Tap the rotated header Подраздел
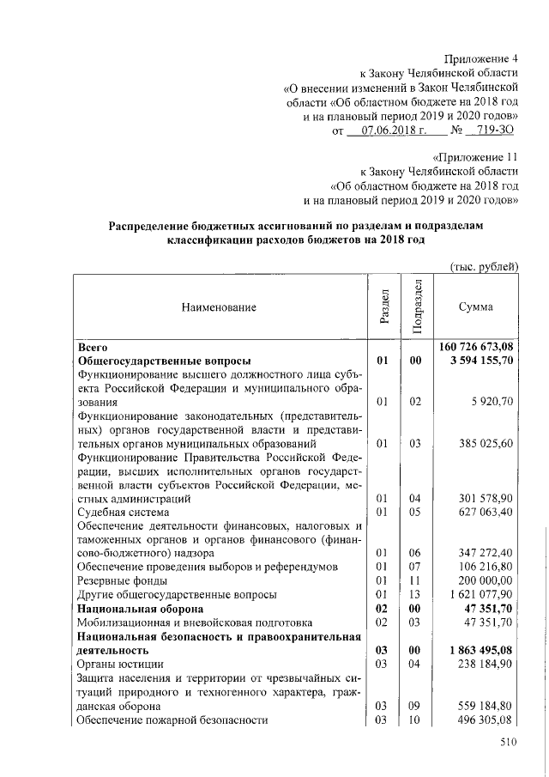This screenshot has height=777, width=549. [x=416, y=306]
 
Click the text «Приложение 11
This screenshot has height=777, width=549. [x=476, y=157]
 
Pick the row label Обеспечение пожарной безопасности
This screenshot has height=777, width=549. [x=172, y=719]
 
